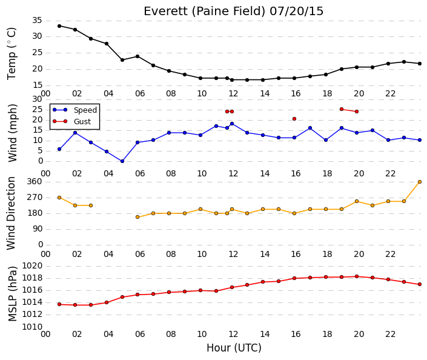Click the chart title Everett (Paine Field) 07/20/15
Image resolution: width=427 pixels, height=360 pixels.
(233, 12)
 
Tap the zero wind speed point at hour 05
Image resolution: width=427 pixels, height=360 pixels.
(122, 161)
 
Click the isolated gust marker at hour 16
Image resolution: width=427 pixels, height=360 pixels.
(294, 119)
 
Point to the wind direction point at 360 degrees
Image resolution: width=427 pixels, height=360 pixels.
(420, 182)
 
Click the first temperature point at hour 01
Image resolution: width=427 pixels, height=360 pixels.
(59, 26)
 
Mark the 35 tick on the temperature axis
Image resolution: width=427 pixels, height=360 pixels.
(37, 21)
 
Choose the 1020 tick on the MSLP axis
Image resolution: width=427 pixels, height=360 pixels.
(32, 265)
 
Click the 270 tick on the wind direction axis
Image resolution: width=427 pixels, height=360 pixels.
(35, 198)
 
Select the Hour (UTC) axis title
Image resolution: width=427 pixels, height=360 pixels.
(234, 348)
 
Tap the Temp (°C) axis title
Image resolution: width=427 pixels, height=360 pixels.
(12, 54)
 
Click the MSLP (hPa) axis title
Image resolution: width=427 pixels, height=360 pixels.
(12, 293)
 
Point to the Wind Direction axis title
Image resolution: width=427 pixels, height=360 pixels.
(11, 213)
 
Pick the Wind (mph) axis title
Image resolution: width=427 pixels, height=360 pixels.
(12, 133)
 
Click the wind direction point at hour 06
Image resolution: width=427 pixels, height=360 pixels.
(137, 217)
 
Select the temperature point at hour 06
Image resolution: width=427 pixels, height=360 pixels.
(137, 56)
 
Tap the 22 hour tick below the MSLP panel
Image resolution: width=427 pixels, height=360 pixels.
(390, 334)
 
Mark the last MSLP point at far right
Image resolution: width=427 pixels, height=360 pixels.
(420, 284)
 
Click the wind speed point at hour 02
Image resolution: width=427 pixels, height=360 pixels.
(75, 133)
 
